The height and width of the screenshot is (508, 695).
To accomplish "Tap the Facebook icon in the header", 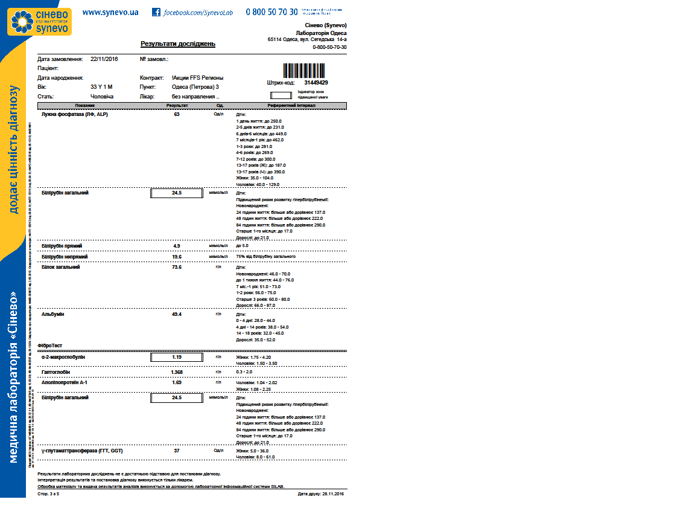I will pos(156,12).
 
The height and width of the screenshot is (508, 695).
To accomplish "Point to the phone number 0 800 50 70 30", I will pos(271,12).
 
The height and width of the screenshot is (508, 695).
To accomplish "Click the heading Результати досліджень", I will pos(177,44).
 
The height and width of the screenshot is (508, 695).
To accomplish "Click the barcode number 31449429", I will pos(316,83).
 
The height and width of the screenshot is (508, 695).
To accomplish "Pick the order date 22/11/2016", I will pos(104,59).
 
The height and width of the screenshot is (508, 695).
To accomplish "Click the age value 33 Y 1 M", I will pos(101,87).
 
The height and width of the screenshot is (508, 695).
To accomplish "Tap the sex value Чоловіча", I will pos(102,96).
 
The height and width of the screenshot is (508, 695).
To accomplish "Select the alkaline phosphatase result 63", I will pos(177,114).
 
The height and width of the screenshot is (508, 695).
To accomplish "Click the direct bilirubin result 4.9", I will pos(177,246).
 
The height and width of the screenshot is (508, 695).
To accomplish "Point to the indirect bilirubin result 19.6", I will pos(177,257).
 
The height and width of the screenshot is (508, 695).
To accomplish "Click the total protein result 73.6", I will pos(177,267).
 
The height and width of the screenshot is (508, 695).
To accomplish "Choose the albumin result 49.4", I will pos(177,315).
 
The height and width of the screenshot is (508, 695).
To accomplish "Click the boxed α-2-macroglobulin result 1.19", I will pos(177,357).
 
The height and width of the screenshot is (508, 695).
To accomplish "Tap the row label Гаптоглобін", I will pos(57,372).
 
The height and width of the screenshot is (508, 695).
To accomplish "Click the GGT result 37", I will pos(177,451).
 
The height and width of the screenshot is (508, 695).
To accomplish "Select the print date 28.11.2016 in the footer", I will pos(329,494).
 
